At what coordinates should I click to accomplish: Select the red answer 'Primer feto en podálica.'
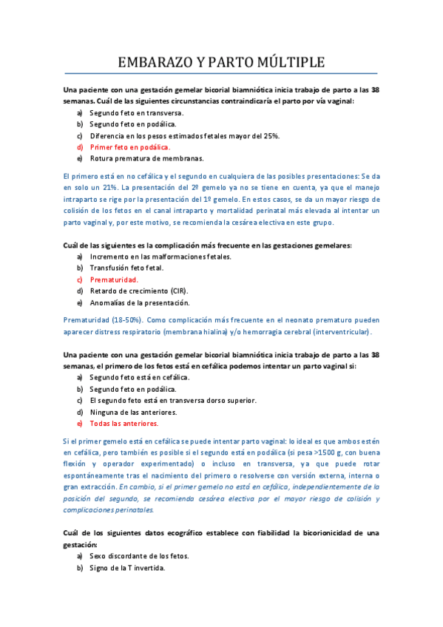click(129, 146)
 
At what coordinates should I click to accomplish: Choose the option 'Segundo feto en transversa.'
click(136, 112)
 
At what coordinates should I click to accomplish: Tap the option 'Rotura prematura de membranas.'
click(146, 157)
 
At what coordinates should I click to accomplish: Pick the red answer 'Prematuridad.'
click(114, 279)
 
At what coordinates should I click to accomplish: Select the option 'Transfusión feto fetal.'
click(126, 268)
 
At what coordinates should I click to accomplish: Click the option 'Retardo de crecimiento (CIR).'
click(140, 291)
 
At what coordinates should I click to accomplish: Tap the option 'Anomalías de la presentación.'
click(139, 302)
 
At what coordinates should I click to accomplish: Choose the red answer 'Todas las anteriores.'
click(124, 424)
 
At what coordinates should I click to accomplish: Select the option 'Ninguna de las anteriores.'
click(133, 412)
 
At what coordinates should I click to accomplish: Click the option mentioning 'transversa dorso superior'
click(173, 400)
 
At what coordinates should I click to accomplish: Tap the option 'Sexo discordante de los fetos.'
click(139, 556)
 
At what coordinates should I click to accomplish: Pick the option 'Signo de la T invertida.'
click(127, 568)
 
